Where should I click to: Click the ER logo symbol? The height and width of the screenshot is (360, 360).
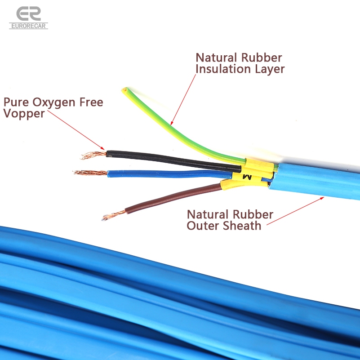28,13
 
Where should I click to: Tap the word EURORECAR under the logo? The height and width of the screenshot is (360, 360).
28,26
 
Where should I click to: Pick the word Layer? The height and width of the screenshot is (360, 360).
269,69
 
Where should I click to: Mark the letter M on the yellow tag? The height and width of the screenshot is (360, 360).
247,178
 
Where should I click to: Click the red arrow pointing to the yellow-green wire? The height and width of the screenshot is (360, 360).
184,99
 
